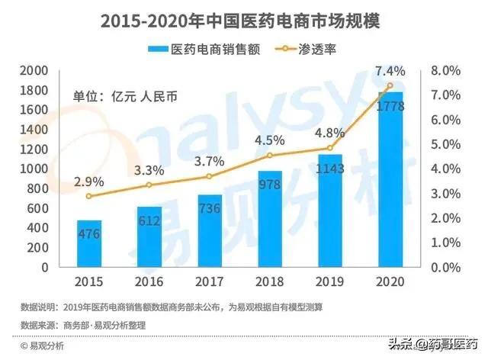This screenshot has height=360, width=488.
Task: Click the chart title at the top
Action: [244, 20]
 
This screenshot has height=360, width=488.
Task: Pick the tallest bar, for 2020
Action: [390, 180]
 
